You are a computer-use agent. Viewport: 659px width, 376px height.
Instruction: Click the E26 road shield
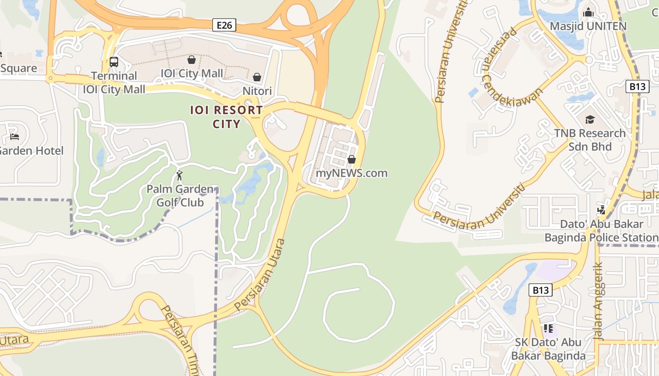[224, 25]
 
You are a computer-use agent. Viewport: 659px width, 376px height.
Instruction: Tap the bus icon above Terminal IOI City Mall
[113, 62]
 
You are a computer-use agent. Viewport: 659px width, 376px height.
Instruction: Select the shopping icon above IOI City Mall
[192, 60]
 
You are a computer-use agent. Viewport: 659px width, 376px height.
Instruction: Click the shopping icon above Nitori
[257, 77]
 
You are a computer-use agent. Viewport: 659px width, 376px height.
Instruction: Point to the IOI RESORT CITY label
[226, 117]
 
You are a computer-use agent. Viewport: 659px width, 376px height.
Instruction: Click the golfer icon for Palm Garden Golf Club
[179, 175]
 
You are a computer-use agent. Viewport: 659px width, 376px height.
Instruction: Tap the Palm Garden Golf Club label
[180, 196]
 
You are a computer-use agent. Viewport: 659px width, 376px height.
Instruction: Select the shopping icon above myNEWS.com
[351, 159]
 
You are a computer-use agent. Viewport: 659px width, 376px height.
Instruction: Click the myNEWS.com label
[352, 173]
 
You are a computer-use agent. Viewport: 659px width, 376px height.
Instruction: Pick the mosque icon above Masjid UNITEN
[588, 13]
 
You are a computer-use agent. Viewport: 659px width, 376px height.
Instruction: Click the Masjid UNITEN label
[588, 26]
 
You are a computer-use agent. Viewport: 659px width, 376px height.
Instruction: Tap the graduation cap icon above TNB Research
[590, 120]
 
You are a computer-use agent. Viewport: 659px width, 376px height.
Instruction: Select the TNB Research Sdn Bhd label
[590, 140]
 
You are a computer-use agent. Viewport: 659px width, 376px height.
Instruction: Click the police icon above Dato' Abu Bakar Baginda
[601, 210]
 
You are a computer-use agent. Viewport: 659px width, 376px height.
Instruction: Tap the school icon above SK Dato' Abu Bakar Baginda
[548, 328]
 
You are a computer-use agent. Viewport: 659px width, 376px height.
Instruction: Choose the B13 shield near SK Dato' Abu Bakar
[540, 290]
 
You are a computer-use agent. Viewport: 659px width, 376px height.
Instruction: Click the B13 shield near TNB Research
[638, 86]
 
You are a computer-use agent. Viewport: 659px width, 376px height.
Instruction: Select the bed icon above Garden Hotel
[15, 137]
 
